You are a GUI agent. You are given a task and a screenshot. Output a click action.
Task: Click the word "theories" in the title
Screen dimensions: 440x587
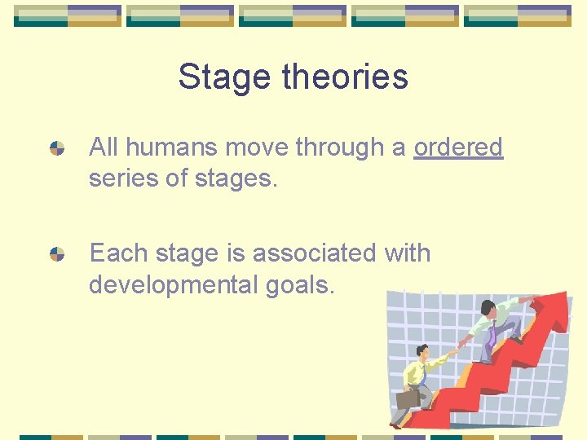coord(345,77)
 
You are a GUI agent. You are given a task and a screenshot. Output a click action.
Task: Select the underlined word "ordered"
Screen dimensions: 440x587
coord(458,147)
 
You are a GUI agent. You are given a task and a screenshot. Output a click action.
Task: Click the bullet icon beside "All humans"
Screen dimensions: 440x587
coord(57,148)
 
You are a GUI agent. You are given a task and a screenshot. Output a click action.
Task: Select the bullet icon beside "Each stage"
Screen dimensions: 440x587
coord(57,254)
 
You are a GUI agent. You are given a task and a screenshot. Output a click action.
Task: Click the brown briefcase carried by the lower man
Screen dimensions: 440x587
coord(407,398)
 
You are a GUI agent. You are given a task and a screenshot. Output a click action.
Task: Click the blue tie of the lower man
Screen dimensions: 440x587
coord(425,374)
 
